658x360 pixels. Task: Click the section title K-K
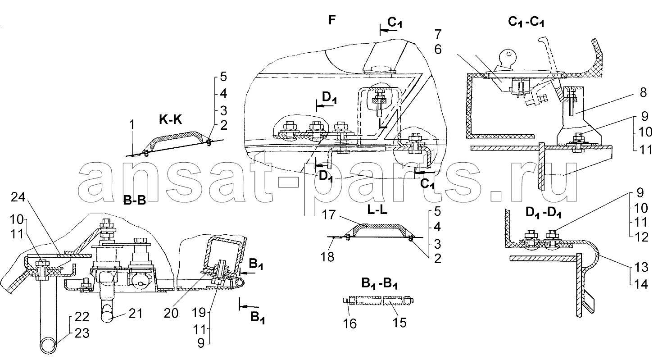[170, 119]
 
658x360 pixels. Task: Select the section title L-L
[377, 210]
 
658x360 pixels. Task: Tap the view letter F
[332, 20]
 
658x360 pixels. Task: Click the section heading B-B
[135, 201]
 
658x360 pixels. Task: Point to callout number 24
[18, 197]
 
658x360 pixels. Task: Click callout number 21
[136, 313]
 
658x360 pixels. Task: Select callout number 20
[171, 313]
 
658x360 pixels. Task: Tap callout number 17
[328, 215]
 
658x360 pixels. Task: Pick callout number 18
[327, 257]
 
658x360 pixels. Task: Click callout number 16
[350, 324]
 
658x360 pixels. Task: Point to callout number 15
[400, 323]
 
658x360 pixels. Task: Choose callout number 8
[643, 92]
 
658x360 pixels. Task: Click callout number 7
[438, 34]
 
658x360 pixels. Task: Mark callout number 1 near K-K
[132, 125]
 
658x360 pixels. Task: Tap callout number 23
[82, 333]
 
